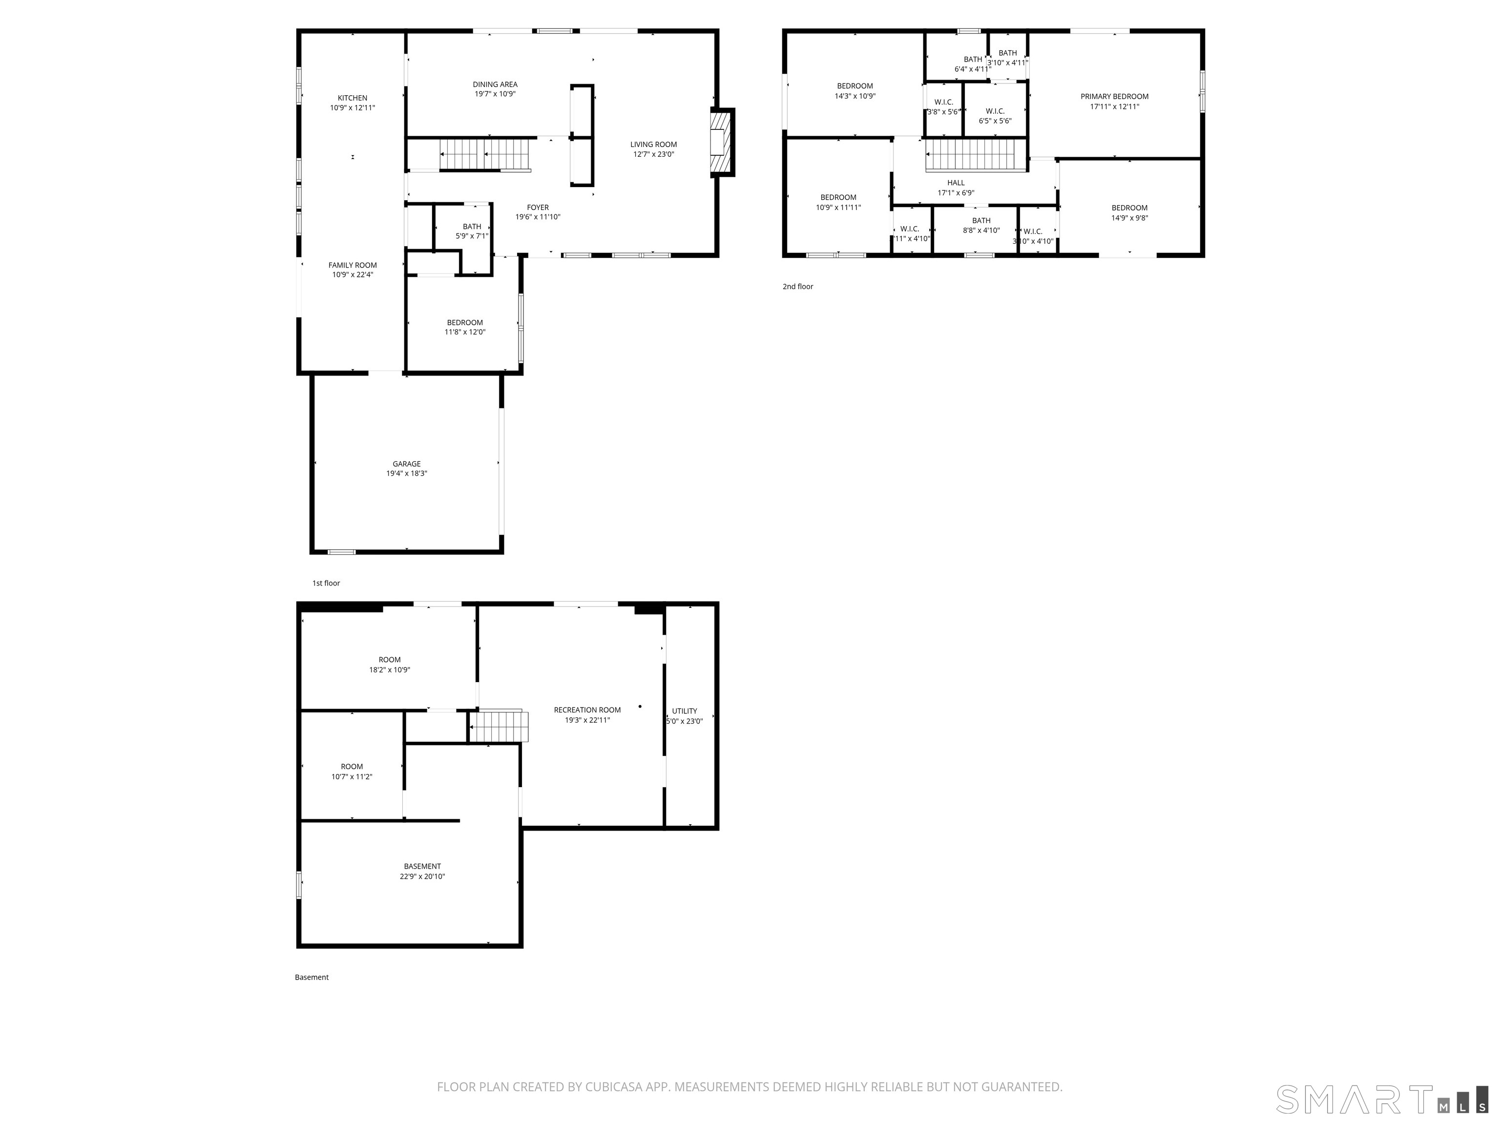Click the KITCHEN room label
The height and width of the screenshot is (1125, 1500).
(x=353, y=98)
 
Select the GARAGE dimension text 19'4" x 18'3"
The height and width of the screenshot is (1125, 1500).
(x=407, y=473)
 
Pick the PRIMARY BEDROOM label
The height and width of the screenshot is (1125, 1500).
(x=1114, y=96)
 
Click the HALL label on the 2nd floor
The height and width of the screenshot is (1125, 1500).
(x=956, y=183)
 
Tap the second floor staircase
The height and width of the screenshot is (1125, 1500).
(x=975, y=155)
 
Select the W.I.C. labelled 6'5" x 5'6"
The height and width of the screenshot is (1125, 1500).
(x=995, y=116)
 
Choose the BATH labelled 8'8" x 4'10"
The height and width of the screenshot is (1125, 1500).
(x=981, y=225)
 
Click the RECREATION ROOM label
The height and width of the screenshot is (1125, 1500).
(x=587, y=710)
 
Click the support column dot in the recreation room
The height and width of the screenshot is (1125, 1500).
(x=640, y=707)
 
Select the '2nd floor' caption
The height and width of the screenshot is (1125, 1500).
(x=797, y=287)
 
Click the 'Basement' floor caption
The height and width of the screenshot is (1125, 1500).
(x=311, y=977)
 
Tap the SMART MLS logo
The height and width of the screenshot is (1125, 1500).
(x=1381, y=1099)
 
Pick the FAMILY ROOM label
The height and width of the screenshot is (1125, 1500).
(x=353, y=265)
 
